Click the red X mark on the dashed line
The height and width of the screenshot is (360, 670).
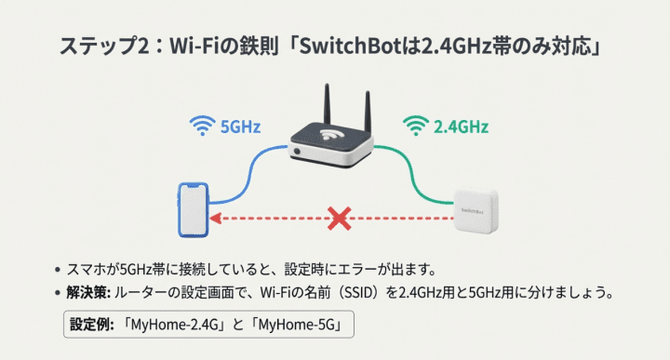341,220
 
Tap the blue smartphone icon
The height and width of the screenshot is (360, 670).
192,210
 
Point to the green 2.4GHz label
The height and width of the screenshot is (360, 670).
461,125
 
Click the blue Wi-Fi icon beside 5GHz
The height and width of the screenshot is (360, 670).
201,124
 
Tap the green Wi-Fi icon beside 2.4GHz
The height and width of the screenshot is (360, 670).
413,124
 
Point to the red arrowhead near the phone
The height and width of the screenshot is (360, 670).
214,220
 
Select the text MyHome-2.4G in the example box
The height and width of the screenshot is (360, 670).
178,326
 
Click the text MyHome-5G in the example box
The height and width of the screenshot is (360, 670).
298,326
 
